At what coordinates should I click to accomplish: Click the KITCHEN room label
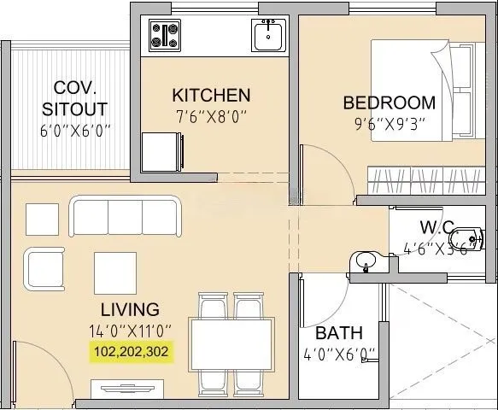[x=210, y=95]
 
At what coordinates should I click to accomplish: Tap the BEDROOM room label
[x=389, y=103]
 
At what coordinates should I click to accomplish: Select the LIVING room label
[x=129, y=309]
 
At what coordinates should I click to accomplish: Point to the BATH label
[x=339, y=333]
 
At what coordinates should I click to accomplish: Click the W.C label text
[x=436, y=228]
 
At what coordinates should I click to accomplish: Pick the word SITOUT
[x=75, y=108]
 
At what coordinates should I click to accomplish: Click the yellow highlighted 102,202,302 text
[x=131, y=350]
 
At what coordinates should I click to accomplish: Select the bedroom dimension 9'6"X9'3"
[x=389, y=124]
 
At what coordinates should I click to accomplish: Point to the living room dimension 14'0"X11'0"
[x=130, y=330]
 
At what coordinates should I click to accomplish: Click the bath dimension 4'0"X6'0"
[x=339, y=354]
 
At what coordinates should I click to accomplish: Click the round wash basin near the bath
[x=365, y=261]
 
